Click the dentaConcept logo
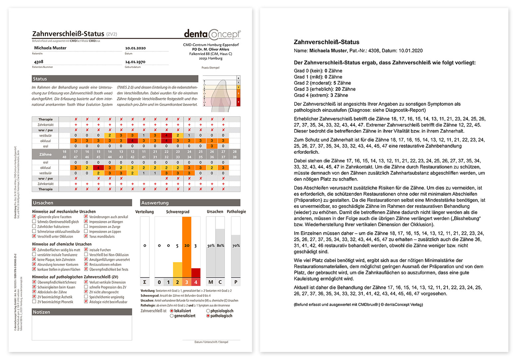pos(212,34)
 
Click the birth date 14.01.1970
pos(135,62)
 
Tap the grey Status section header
pos(115,79)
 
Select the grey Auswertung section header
pos(190,203)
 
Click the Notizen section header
pos(82,312)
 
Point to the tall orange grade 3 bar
pos(187,247)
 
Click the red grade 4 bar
pos(196,272)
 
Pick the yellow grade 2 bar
pos(178,270)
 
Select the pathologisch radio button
pos(208,316)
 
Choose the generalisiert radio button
pos(172,316)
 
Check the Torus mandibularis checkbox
pos(86,236)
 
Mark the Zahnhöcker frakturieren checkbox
pos(34,226)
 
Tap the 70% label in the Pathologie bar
pos(236,246)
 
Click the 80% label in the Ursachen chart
pos(220,246)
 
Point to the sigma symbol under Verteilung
pos(144,282)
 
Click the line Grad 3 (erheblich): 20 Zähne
pos(324,89)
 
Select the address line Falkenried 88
pos(210,54)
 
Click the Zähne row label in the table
pos(45,154)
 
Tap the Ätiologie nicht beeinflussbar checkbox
pos(86,302)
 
